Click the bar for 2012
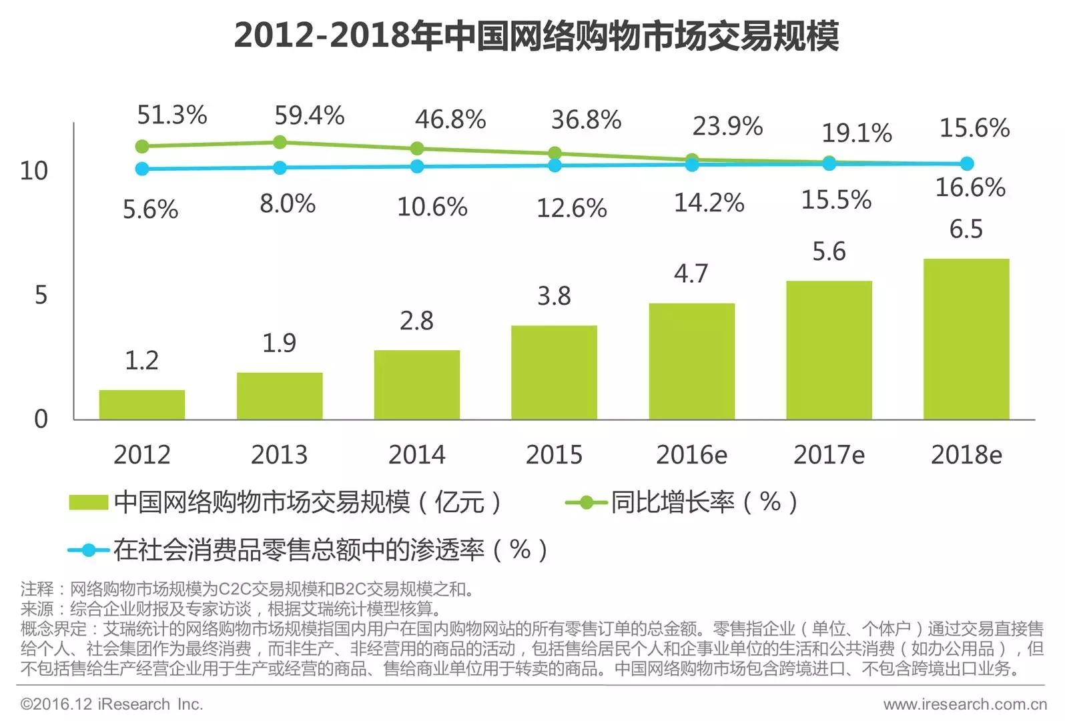click(x=142, y=405)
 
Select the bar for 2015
click(x=554, y=372)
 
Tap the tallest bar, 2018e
click(x=966, y=339)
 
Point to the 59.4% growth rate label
click(x=309, y=116)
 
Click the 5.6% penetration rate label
click(x=150, y=210)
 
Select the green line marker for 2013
click(x=280, y=142)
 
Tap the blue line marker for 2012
click(x=142, y=169)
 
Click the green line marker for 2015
click(x=555, y=153)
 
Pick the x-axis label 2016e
click(x=691, y=455)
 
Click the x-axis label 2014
click(x=416, y=455)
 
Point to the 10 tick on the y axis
click(x=34, y=171)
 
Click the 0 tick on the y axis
click(x=41, y=419)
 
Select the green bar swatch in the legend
click(x=88, y=502)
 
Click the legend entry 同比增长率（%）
click(x=703, y=502)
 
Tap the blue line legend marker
click(x=88, y=550)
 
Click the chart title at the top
click(x=536, y=35)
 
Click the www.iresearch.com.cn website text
click(x=964, y=704)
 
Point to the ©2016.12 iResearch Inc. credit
click(x=111, y=704)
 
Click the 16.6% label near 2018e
click(x=970, y=187)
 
